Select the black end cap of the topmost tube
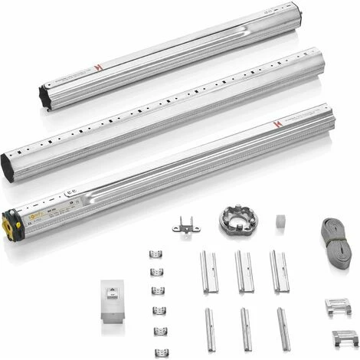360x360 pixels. coord(44,97)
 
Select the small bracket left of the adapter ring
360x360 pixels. coord(185,224)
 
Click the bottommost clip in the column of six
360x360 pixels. coord(161,352)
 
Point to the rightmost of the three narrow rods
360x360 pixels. coord(283,329)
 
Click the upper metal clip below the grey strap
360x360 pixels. coord(337,307)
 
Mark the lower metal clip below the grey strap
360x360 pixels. coord(345,337)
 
